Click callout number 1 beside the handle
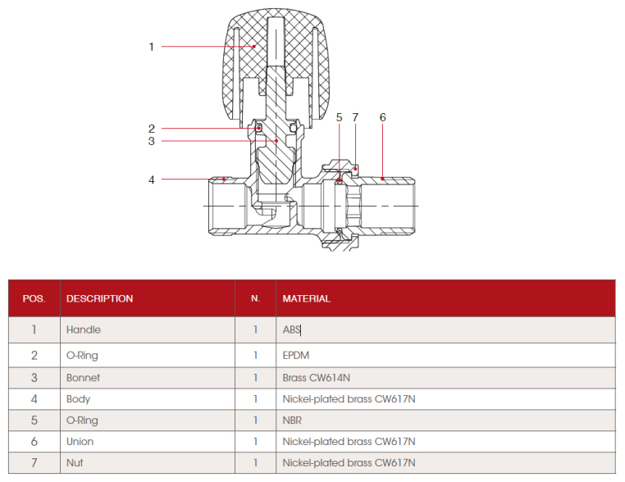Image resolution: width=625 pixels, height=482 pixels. (x=151, y=47)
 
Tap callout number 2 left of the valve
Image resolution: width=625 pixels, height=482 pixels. (x=151, y=128)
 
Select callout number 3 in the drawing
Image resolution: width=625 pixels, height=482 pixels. (x=151, y=141)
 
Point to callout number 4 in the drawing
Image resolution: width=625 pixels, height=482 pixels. (x=151, y=180)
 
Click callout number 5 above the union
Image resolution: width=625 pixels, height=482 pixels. (x=339, y=117)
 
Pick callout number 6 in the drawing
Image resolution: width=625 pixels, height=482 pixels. (x=382, y=117)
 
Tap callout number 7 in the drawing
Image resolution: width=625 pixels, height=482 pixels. (x=355, y=117)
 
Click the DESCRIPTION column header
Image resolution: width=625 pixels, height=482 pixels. (x=99, y=299)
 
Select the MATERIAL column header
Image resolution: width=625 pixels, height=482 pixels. (x=306, y=299)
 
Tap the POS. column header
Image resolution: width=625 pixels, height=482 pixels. (x=34, y=299)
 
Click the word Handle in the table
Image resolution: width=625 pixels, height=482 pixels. (x=83, y=330)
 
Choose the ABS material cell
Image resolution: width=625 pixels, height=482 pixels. (x=292, y=330)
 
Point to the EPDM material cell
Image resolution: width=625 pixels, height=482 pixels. (x=295, y=356)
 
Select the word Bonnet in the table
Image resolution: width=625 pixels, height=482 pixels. (x=83, y=378)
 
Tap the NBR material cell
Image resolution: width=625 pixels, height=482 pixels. (x=293, y=421)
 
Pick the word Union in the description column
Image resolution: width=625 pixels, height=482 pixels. (x=80, y=442)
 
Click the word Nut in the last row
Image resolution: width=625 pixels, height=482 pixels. (x=75, y=463)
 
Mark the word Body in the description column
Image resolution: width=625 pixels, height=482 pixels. (x=78, y=399)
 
